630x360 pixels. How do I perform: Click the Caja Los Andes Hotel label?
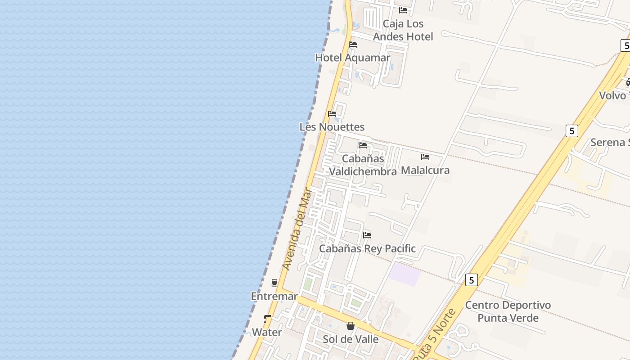pyautogui.click(x=403, y=30)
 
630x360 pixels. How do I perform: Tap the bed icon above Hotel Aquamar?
pyautogui.click(x=353, y=45)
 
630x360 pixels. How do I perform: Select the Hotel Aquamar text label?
pyautogui.click(x=353, y=58)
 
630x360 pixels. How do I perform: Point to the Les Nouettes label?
pyautogui.click(x=332, y=127)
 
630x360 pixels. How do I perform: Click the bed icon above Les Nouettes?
pyautogui.click(x=332, y=114)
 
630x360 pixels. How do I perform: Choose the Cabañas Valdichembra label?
pyautogui.click(x=363, y=165)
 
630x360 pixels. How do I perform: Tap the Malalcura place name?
pyautogui.click(x=425, y=170)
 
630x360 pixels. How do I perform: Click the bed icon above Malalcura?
pyautogui.click(x=425, y=157)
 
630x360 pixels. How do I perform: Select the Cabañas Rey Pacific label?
pyautogui.click(x=367, y=248)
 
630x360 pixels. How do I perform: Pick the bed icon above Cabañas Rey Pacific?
pyautogui.click(x=367, y=235)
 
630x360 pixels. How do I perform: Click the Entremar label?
pyautogui.click(x=274, y=296)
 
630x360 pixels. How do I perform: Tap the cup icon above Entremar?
pyautogui.click(x=274, y=283)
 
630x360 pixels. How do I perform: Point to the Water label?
pyautogui.click(x=267, y=332)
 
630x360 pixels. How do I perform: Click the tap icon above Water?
pyautogui.click(x=267, y=319)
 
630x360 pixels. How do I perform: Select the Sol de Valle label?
pyautogui.click(x=351, y=339)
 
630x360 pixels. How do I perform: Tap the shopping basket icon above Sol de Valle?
pyautogui.click(x=351, y=326)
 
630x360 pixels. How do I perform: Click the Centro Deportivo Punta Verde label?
pyautogui.click(x=508, y=311)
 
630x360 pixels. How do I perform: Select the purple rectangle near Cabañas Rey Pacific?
pyautogui.click(x=405, y=274)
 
